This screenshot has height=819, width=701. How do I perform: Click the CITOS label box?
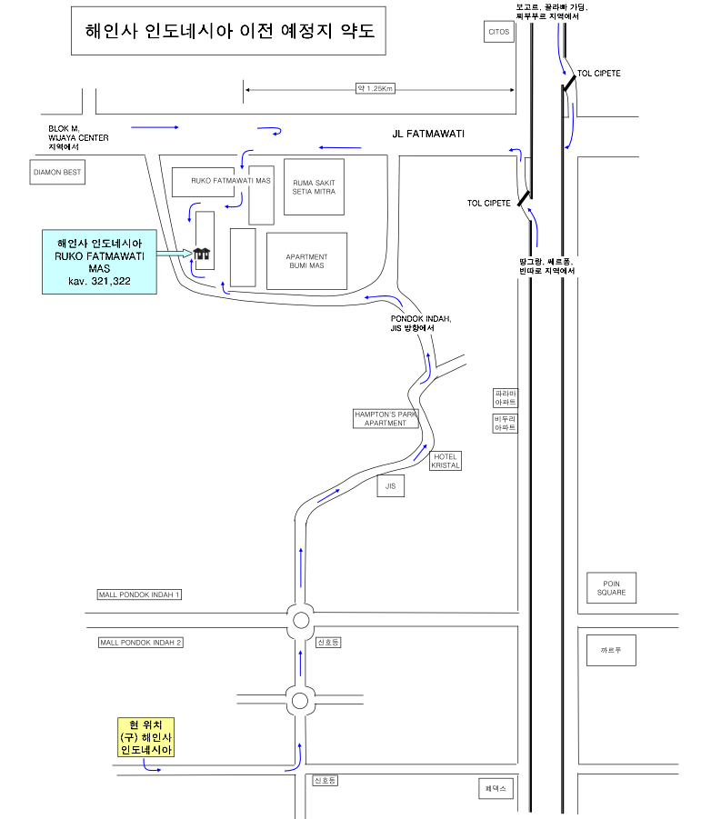(x=499, y=31)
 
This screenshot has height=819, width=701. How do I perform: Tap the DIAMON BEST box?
(x=58, y=171)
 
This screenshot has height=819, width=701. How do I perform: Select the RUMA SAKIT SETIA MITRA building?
(x=314, y=187)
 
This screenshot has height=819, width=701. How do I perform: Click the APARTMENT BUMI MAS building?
(x=306, y=261)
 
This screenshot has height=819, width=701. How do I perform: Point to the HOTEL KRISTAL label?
(x=445, y=461)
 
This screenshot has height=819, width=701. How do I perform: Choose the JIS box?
(x=390, y=487)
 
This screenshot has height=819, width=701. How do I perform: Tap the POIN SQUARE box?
(x=611, y=588)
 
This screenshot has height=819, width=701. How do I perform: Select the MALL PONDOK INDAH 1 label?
(x=140, y=594)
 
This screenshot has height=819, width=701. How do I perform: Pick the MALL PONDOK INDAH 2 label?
(x=140, y=643)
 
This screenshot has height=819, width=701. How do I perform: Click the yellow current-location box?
(x=145, y=736)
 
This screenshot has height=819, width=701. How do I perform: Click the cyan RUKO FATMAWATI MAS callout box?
(x=99, y=263)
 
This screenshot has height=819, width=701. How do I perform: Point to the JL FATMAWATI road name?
(x=428, y=134)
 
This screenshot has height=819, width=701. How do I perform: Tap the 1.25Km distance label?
(x=374, y=88)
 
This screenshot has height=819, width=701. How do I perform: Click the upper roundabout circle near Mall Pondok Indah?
(x=300, y=622)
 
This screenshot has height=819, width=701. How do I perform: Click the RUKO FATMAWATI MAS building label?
(x=231, y=181)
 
